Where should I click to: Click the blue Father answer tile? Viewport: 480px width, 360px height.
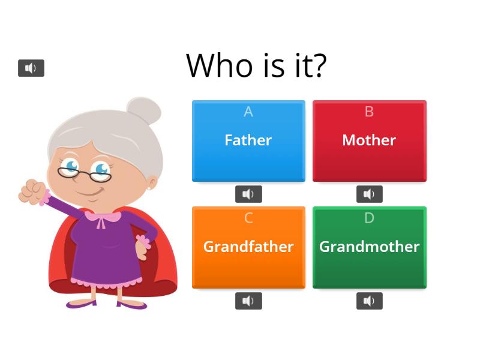(248, 141)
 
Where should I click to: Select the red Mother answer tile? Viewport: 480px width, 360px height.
(370, 141)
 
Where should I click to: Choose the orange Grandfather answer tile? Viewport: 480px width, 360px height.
(248, 247)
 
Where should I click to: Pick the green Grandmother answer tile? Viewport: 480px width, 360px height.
(370, 247)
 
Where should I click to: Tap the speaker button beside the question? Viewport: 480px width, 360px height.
(31, 68)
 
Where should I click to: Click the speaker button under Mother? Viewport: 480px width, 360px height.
(370, 194)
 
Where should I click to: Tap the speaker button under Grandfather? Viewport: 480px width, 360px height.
(248, 301)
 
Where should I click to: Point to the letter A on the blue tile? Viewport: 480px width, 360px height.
(248, 112)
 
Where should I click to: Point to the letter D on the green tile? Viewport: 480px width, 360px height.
(369, 218)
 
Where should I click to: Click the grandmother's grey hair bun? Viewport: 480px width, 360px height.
(144, 110)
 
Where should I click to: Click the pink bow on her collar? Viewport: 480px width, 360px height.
(101, 220)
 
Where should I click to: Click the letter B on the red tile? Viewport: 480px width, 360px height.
(369, 112)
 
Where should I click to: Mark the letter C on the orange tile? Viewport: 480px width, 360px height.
(248, 218)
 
